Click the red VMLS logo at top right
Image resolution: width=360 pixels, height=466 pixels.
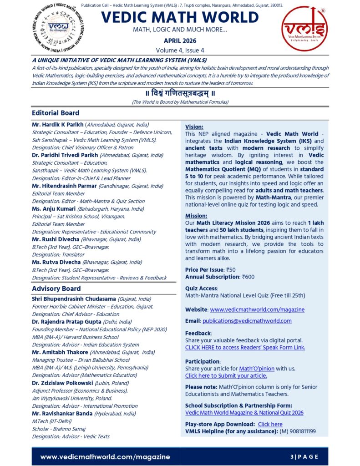[304, 28]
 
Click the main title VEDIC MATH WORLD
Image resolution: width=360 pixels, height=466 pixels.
[180, 17]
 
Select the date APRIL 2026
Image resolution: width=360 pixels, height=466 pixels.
[180, 41]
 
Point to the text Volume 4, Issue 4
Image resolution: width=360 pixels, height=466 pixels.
[180, 50]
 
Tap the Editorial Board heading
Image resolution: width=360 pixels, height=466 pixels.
[56, 113]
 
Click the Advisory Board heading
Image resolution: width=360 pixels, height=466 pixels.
[56, 289]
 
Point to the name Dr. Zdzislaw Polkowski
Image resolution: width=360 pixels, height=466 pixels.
[61, 383]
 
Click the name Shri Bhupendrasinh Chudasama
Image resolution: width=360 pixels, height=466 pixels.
[74, 299]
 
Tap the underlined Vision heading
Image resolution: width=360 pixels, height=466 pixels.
[194, 127]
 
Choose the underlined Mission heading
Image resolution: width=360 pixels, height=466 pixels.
[196, 216]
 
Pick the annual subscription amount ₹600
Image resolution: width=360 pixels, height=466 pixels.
[248, 277]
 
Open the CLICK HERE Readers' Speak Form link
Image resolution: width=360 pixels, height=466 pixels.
[245, 347]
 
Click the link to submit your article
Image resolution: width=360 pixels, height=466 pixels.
[226, 376]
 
